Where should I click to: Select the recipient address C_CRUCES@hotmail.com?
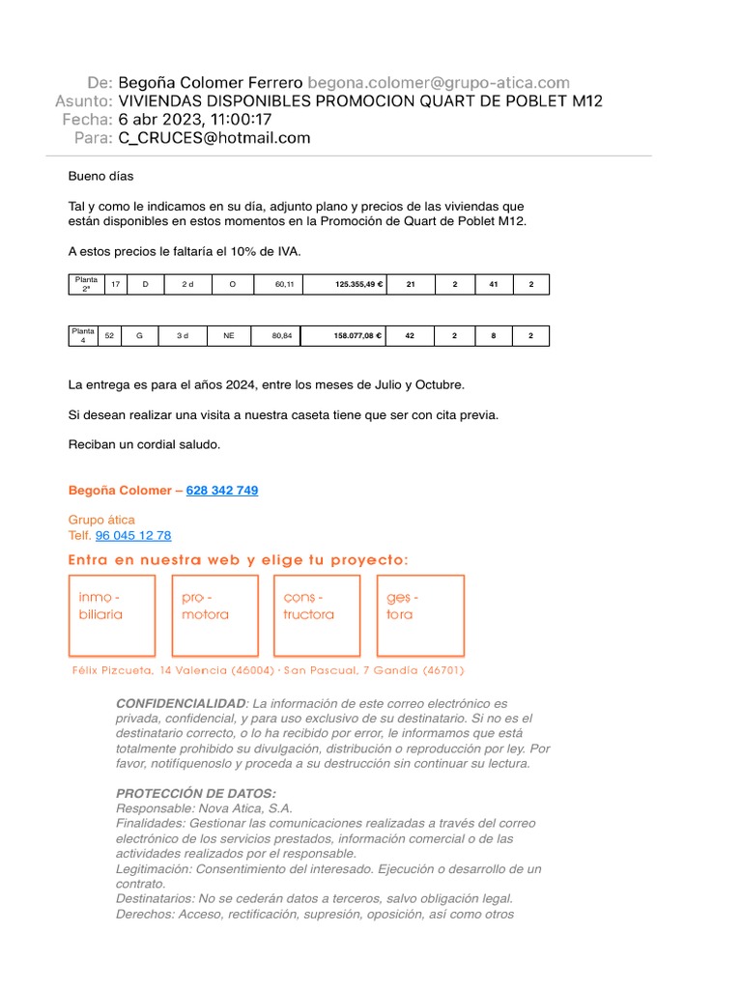[x=214, y=138]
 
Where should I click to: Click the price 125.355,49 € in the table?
[x=345, y=285]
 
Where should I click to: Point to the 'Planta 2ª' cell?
[x=86, y=285]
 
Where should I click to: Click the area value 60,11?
[x=284, y=285]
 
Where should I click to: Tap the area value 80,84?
[x=281, y=336]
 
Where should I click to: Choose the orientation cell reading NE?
[x=229, y=336]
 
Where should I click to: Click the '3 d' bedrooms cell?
[x=183, y=336]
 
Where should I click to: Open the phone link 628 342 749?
[x=221, y=491]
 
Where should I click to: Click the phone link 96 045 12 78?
[x=133, y=535]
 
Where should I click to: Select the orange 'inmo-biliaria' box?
[x=111, y=615]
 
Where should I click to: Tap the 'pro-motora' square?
[x=214, y=615]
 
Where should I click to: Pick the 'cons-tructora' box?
[x=317, y=615]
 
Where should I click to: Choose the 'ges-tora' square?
[x=420, y=615]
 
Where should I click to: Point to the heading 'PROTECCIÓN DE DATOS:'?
[x=195, y=793]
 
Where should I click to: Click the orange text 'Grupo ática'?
[x=101, y=520]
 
